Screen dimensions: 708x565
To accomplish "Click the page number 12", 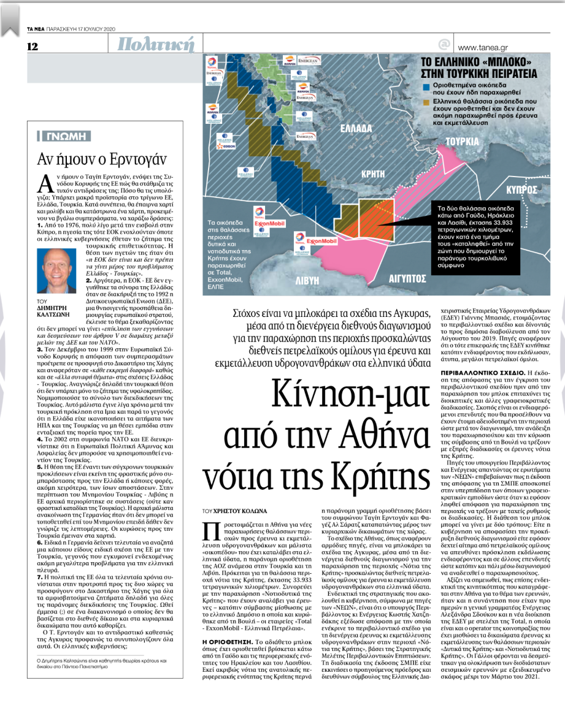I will (x=33, y=47).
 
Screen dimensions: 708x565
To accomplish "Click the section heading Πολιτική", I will (x=156, y=44).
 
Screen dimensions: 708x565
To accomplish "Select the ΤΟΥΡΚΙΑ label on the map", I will (x=462, y=141).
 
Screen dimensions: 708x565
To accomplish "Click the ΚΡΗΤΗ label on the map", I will (x=373, y=174).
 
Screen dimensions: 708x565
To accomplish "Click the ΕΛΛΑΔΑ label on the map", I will (x=355, y=129).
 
